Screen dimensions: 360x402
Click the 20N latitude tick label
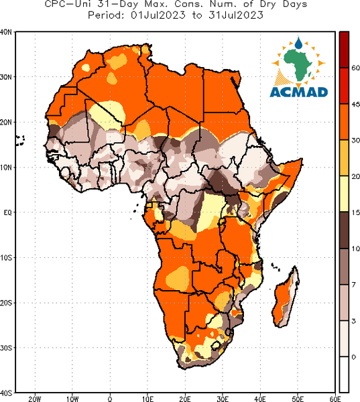[5, 122]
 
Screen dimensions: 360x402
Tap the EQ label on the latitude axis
[7, 212]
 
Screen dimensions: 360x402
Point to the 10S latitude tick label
[6, 258]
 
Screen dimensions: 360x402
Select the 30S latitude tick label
[6, 348]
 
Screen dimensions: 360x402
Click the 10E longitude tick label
[147, 399]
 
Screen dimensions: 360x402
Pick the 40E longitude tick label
[260, 399]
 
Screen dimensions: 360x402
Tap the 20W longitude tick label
[35, 399]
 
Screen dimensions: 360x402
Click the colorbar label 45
[355, 105]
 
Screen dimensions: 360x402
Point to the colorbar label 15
[355, 212]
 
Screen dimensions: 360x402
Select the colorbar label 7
[354, 285]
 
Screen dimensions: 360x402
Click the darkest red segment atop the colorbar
[344, 50]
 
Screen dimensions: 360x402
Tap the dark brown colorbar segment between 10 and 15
[344, 230]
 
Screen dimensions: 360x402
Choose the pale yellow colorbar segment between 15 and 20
[344, 194]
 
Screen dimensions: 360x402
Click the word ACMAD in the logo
[299, 92]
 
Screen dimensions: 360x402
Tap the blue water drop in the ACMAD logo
[298, 43]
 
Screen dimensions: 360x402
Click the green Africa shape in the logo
[298, 64]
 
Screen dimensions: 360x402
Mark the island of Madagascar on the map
[286, 297]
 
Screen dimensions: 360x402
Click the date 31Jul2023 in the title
[236, 15]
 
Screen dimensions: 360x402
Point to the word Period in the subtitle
[106, 15]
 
